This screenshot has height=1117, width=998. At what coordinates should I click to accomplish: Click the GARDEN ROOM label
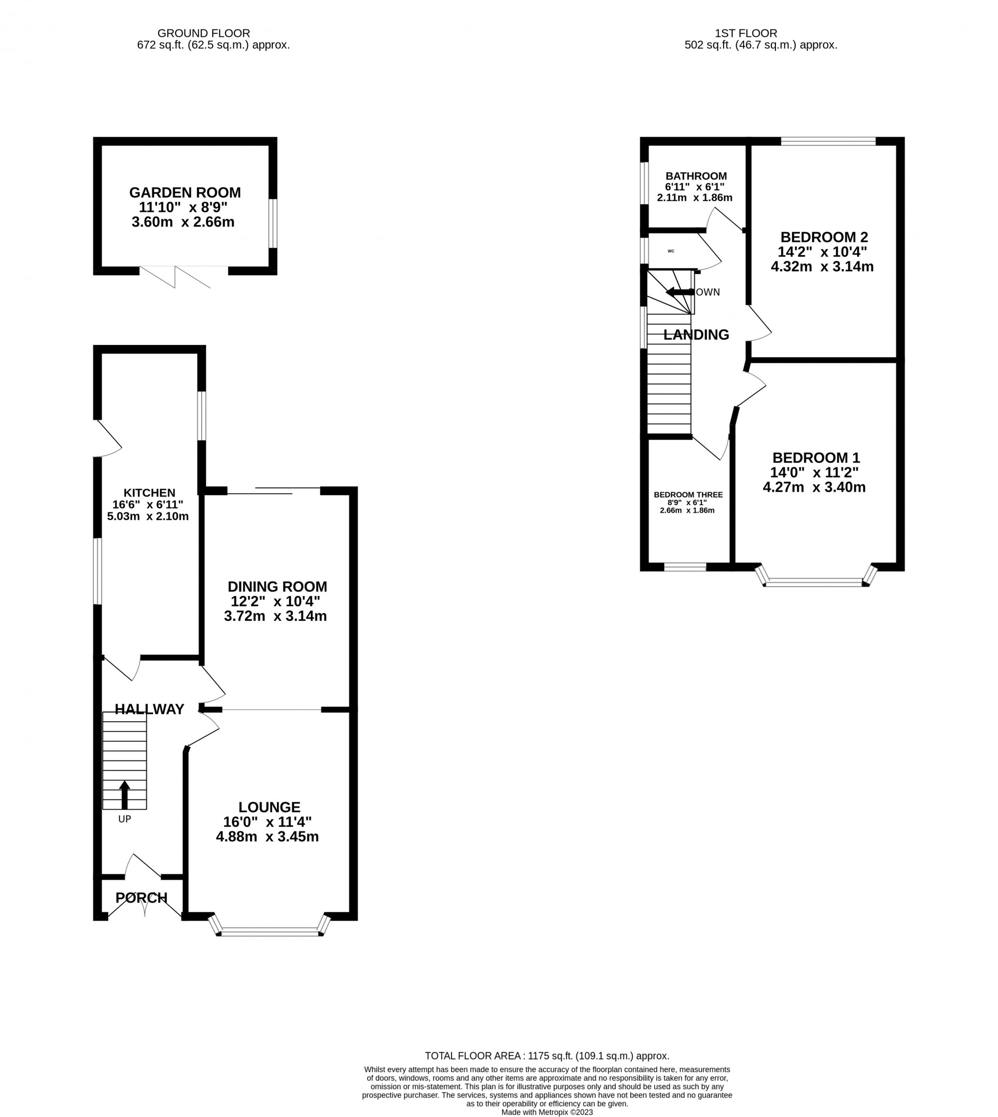(x=185, y=193)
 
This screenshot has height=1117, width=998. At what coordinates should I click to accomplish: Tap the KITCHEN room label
(x=149, y=493)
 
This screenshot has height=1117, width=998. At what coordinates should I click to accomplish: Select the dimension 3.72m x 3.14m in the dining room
(x=275, y=616)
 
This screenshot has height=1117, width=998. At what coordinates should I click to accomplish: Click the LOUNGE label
(x=269, y=807)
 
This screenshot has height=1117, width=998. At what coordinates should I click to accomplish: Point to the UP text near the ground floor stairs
(x=124, y=819)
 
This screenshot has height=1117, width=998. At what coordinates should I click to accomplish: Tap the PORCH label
(x=142, y=898)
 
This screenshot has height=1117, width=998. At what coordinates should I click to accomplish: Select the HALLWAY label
(x=149, y=710)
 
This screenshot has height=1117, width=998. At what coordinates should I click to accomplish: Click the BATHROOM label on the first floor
(x=696, y=176)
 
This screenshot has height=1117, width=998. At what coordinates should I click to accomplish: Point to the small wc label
(x=671, y=251)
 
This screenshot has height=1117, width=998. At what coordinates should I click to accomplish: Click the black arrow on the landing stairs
(x=679, y=292)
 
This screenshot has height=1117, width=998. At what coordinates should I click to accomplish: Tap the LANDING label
(x=696, y=334)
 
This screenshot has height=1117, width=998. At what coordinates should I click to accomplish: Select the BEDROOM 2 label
(x=824, y=237)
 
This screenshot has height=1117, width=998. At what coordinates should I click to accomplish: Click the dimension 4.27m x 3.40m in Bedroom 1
(x=814, y=487)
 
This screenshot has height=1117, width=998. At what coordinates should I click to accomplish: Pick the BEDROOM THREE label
(x=688, y=495)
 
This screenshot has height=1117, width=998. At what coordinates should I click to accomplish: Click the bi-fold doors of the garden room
(x=176, y=277)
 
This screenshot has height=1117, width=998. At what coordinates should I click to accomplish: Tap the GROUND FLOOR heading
(x=204, y=33)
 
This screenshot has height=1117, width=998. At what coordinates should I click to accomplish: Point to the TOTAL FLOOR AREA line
(x=547, y=1056)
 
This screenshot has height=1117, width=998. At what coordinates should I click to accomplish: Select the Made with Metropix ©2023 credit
(x=547, y=1112)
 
